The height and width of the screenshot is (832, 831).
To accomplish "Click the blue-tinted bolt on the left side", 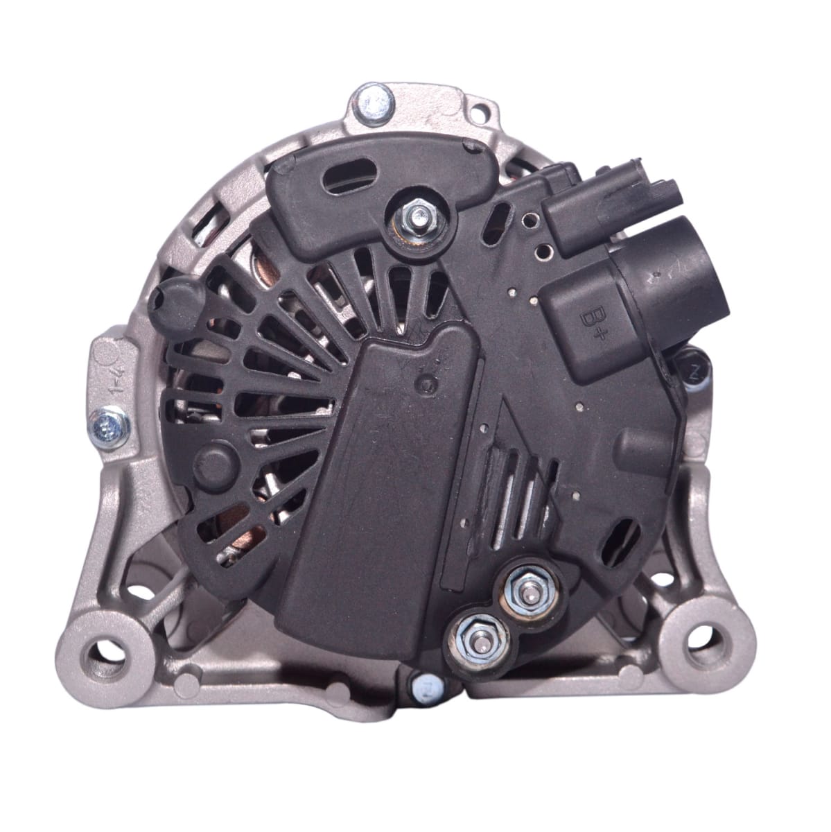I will coord(110,423).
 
